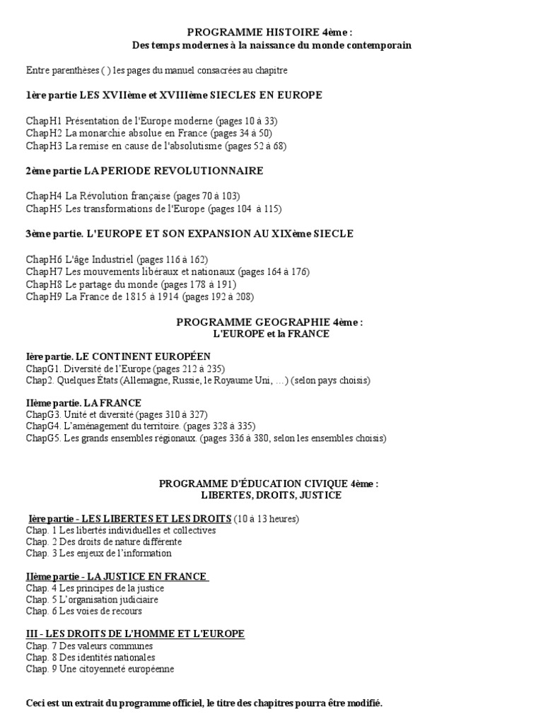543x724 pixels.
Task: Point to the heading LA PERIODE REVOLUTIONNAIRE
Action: tap(174, 170)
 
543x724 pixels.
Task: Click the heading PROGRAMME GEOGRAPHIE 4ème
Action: tap(271, 322)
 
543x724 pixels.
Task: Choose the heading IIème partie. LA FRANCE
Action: tap(83, 403)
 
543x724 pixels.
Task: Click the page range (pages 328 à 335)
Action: tap(221, 426)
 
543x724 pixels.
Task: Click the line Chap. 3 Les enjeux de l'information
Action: tap(99, 554)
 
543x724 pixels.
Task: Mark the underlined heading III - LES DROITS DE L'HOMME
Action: tap(135, 634)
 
